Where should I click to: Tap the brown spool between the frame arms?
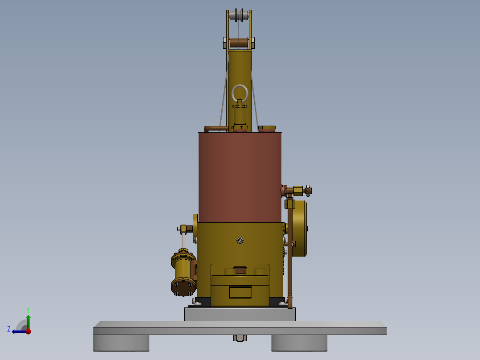pos(239,43)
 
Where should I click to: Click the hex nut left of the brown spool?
pos(225,43)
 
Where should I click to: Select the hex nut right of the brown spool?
pos(253,43)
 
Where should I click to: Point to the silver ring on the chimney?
pos(240,93)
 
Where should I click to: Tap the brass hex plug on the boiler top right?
pos(267,128)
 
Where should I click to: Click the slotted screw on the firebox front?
pos(240,241)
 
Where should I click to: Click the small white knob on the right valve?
pos(308,187)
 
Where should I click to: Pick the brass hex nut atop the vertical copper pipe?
pos(289,204)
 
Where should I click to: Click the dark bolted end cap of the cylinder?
pos(183,287)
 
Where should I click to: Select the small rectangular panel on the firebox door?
pos(240,292)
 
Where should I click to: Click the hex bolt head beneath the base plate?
pos(240,338)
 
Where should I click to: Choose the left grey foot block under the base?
pos(121,343)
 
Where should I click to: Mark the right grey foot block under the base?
pos(299,343)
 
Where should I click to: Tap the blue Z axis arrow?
pos(18,331)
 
